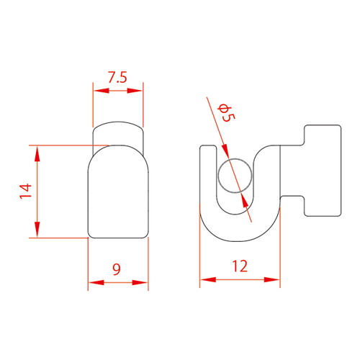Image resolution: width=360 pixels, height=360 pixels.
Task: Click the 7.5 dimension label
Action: click(x=117, y=77)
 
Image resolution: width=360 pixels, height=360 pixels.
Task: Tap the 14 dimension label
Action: click(x=26, y=191)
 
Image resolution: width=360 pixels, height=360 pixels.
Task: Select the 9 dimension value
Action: click(x=117, y=269)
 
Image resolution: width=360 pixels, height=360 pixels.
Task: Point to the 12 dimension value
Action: click(x=240, y=266)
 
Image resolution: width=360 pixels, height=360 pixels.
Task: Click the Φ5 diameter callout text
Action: click(x=226, y=113)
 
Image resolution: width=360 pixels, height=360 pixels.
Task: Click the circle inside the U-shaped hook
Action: click(x=235, y=176)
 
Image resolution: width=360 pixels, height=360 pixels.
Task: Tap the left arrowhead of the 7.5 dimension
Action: click(x=101, y=91)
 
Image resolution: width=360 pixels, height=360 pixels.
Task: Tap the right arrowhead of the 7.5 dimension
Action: click(x=135, y=91)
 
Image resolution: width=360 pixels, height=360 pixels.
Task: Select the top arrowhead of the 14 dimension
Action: click(x=37, y=153)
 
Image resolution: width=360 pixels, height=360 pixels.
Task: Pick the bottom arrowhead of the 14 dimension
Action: click(x=37, y=230)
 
